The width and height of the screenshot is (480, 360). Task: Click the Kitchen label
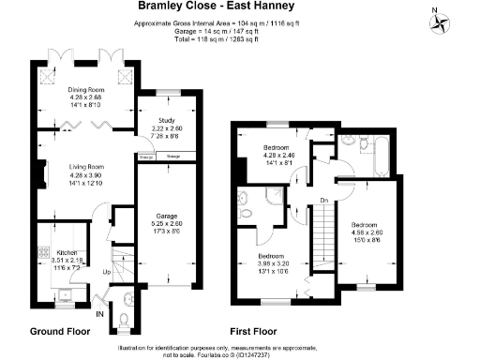67,253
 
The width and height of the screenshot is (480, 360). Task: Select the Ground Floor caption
59,331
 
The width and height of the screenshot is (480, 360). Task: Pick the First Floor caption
257,331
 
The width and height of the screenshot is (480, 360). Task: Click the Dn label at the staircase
322,200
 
